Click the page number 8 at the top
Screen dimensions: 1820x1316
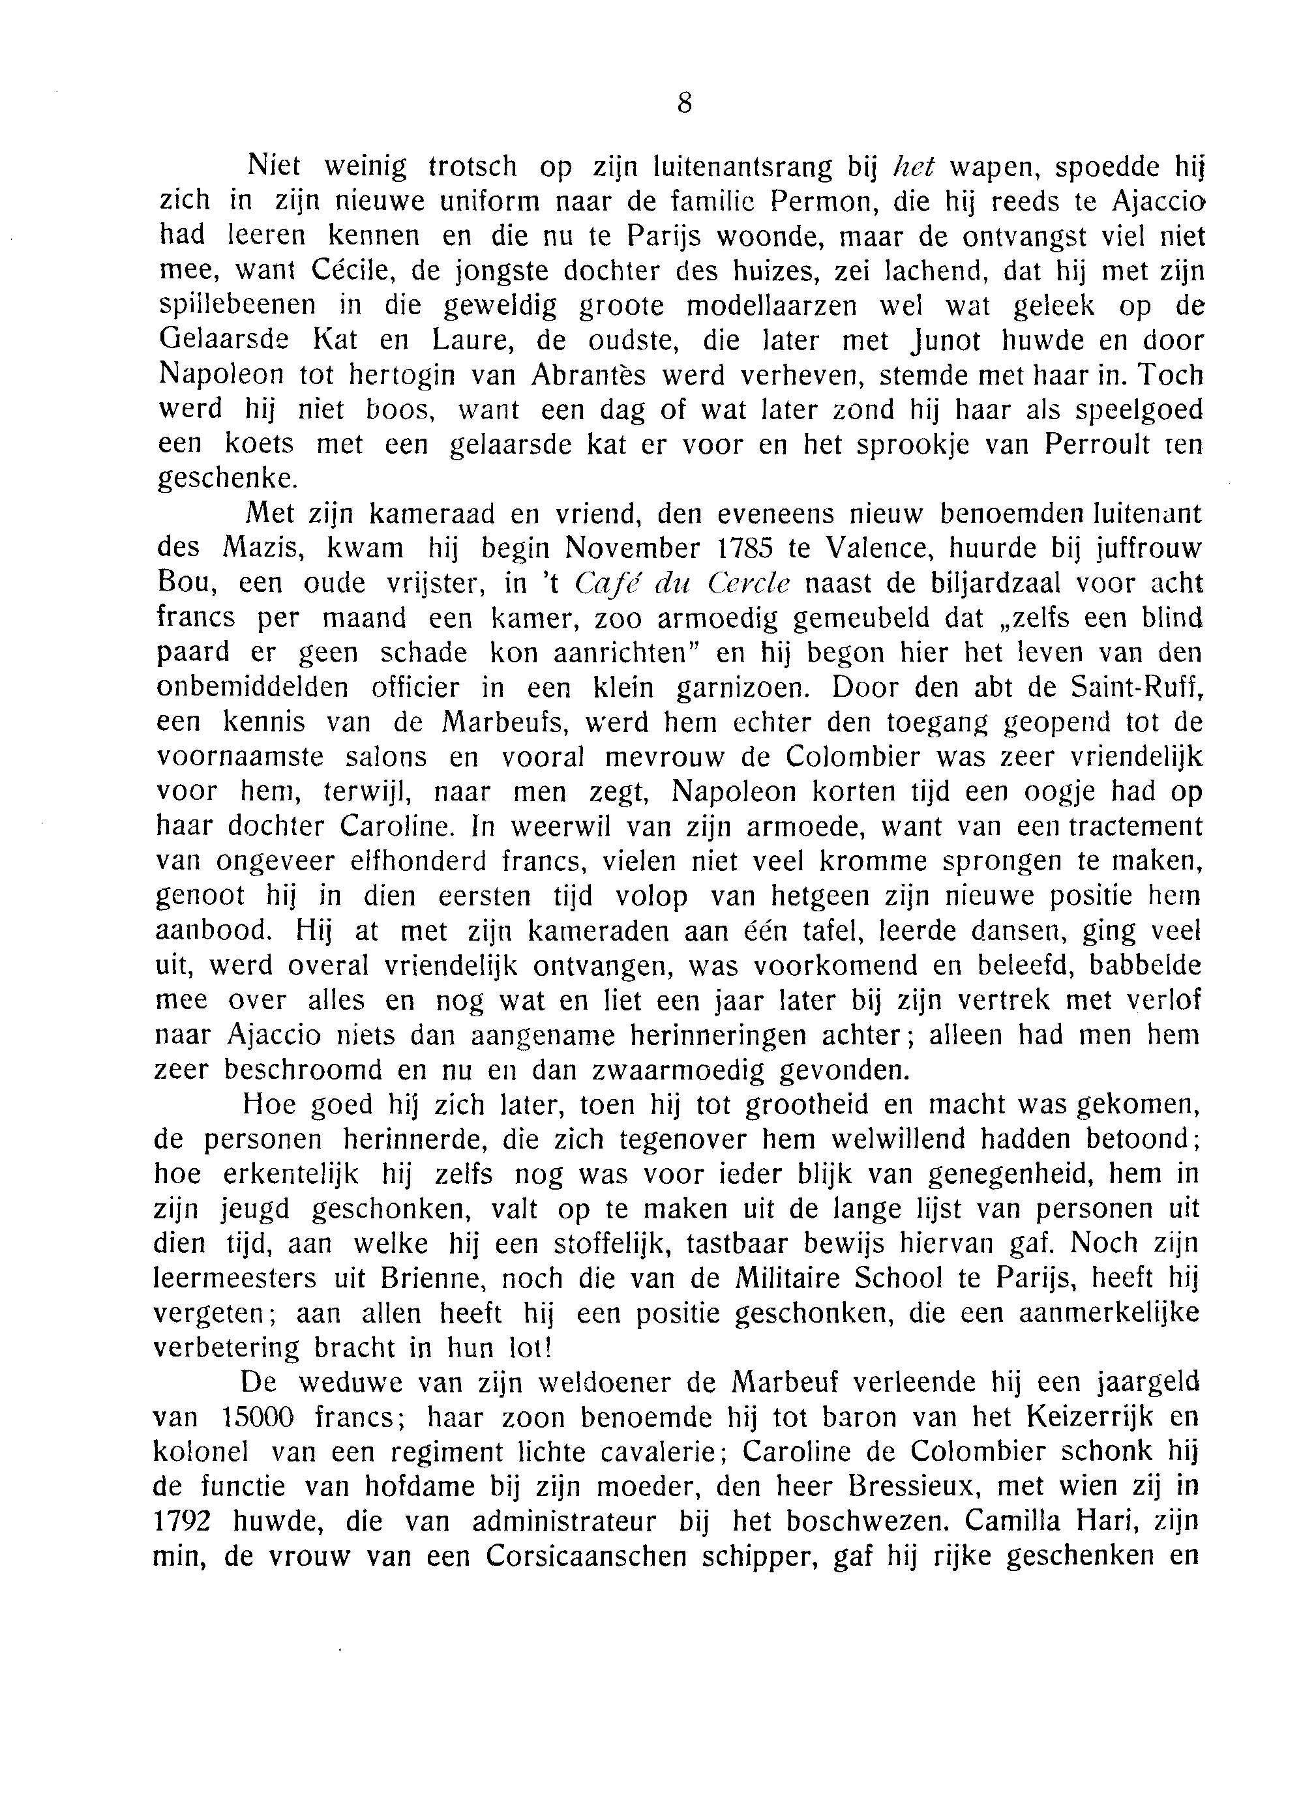click(684, 104)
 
